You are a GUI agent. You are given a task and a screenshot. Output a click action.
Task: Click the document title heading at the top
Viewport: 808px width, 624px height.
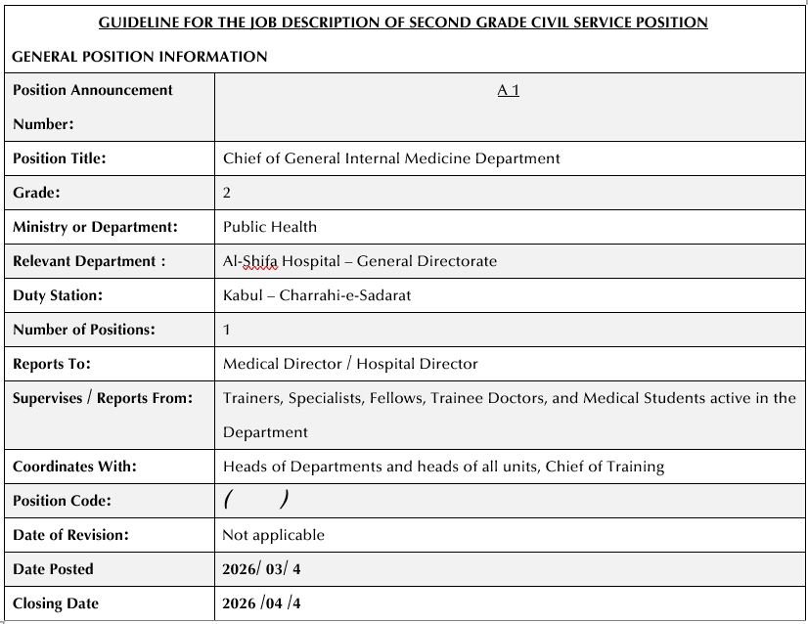(403, 22)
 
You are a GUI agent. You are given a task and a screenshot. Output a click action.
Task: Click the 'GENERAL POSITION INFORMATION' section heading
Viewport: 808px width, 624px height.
(140, 57)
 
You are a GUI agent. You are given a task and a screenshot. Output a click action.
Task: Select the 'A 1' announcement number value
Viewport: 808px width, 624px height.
(508, 90)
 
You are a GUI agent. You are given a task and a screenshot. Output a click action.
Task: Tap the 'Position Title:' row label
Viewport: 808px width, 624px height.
(60, 157)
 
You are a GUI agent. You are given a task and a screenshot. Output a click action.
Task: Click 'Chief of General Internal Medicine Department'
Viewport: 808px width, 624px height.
(391, 157)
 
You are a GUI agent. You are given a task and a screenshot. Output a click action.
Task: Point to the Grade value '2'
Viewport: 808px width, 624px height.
(227, 192)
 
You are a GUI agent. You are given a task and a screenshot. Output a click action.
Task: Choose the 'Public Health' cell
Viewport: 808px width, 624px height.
(270, 226)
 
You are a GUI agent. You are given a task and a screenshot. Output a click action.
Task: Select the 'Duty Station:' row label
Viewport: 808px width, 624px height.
(58, 294)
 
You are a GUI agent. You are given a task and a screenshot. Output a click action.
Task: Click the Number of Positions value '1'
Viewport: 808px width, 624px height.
(227, 329)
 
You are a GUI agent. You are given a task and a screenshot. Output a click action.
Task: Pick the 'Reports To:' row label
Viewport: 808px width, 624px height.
(52, 363)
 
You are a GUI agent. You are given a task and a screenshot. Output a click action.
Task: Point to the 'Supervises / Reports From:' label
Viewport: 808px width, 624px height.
(103, 397)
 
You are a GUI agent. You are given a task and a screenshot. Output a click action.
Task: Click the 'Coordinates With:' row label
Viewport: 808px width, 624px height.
(74, 466)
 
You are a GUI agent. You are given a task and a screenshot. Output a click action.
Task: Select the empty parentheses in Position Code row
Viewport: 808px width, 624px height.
(255, 500)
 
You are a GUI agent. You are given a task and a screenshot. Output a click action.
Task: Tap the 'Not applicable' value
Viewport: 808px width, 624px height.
(274, 534)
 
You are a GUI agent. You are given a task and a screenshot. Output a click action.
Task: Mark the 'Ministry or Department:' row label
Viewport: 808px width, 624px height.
(95, 226)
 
